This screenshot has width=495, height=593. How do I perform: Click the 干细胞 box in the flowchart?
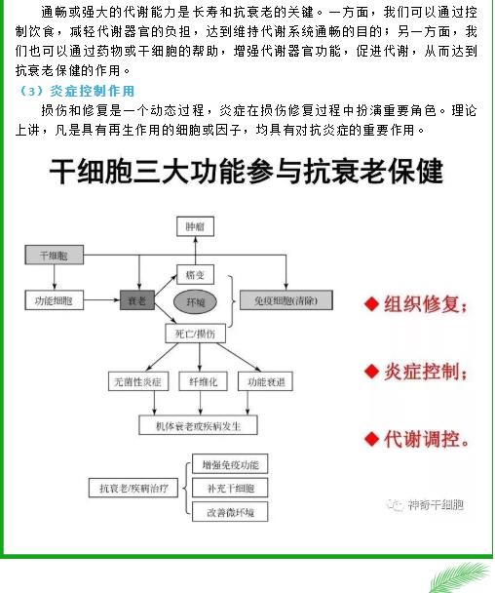[54, 255]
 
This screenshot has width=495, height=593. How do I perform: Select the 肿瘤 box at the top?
[195, 226]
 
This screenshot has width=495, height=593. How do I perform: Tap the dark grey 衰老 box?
[137, 300]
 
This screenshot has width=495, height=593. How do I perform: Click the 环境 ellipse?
[195, 301]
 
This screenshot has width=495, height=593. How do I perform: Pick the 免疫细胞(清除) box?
[286, 300]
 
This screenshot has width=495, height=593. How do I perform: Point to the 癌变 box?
[195, 275]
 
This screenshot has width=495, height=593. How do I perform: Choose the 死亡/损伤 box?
[196, 334]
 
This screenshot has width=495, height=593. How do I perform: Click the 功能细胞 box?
[54, 300]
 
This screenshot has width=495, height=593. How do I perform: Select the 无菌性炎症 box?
[138, 381]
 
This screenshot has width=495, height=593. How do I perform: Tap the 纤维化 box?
[203, 381]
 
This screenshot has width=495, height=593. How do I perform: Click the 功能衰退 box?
[265, 381]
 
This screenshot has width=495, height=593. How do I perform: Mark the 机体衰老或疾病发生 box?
[199, 425]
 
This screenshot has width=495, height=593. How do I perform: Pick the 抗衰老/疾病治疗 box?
[133, 488]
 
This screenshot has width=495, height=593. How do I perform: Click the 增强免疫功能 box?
[230, 464]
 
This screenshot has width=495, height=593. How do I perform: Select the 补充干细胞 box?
[230, 488]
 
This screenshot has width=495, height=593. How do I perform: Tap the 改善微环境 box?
[230, 512]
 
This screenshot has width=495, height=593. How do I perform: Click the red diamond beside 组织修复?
[371, 304]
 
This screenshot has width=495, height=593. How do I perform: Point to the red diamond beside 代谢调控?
[371, 439]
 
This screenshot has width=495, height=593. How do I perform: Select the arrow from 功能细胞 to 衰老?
[101, 300]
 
